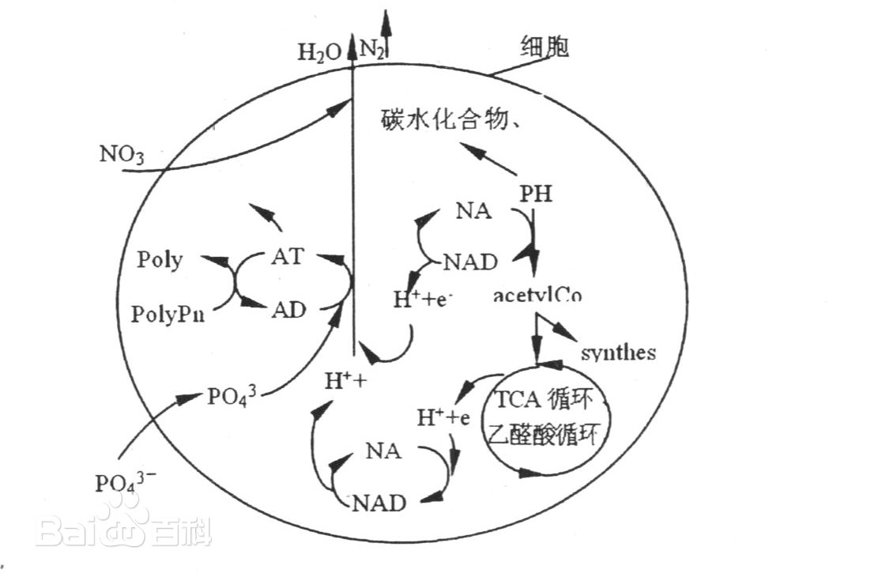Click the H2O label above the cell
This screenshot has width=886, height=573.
(x=319, y=52)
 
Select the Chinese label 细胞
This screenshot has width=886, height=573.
(x=545, y=47)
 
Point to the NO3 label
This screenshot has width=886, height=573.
(x=122, y=153)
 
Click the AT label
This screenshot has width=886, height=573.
(x=286, y=257)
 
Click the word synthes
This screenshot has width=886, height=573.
(x=618, y=352)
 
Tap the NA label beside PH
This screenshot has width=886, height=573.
(x=473, y=211)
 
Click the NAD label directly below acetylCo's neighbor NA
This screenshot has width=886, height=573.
(x=469, y=262)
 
